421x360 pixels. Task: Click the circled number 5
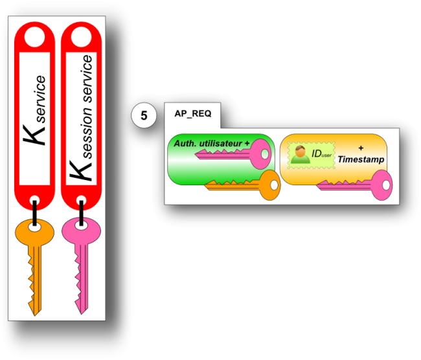[x=144, y=116]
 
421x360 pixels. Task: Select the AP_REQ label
[x=192, y=113]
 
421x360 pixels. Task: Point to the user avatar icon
[x=299, y=154]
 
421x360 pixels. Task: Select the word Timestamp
[x=361, y=159]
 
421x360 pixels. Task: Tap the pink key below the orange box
[x=356, y=184]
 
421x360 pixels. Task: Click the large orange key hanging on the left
[x=34, y=259]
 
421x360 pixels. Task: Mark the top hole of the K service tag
[x=35, y=38]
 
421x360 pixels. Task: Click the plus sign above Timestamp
[x=361, y=148]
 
